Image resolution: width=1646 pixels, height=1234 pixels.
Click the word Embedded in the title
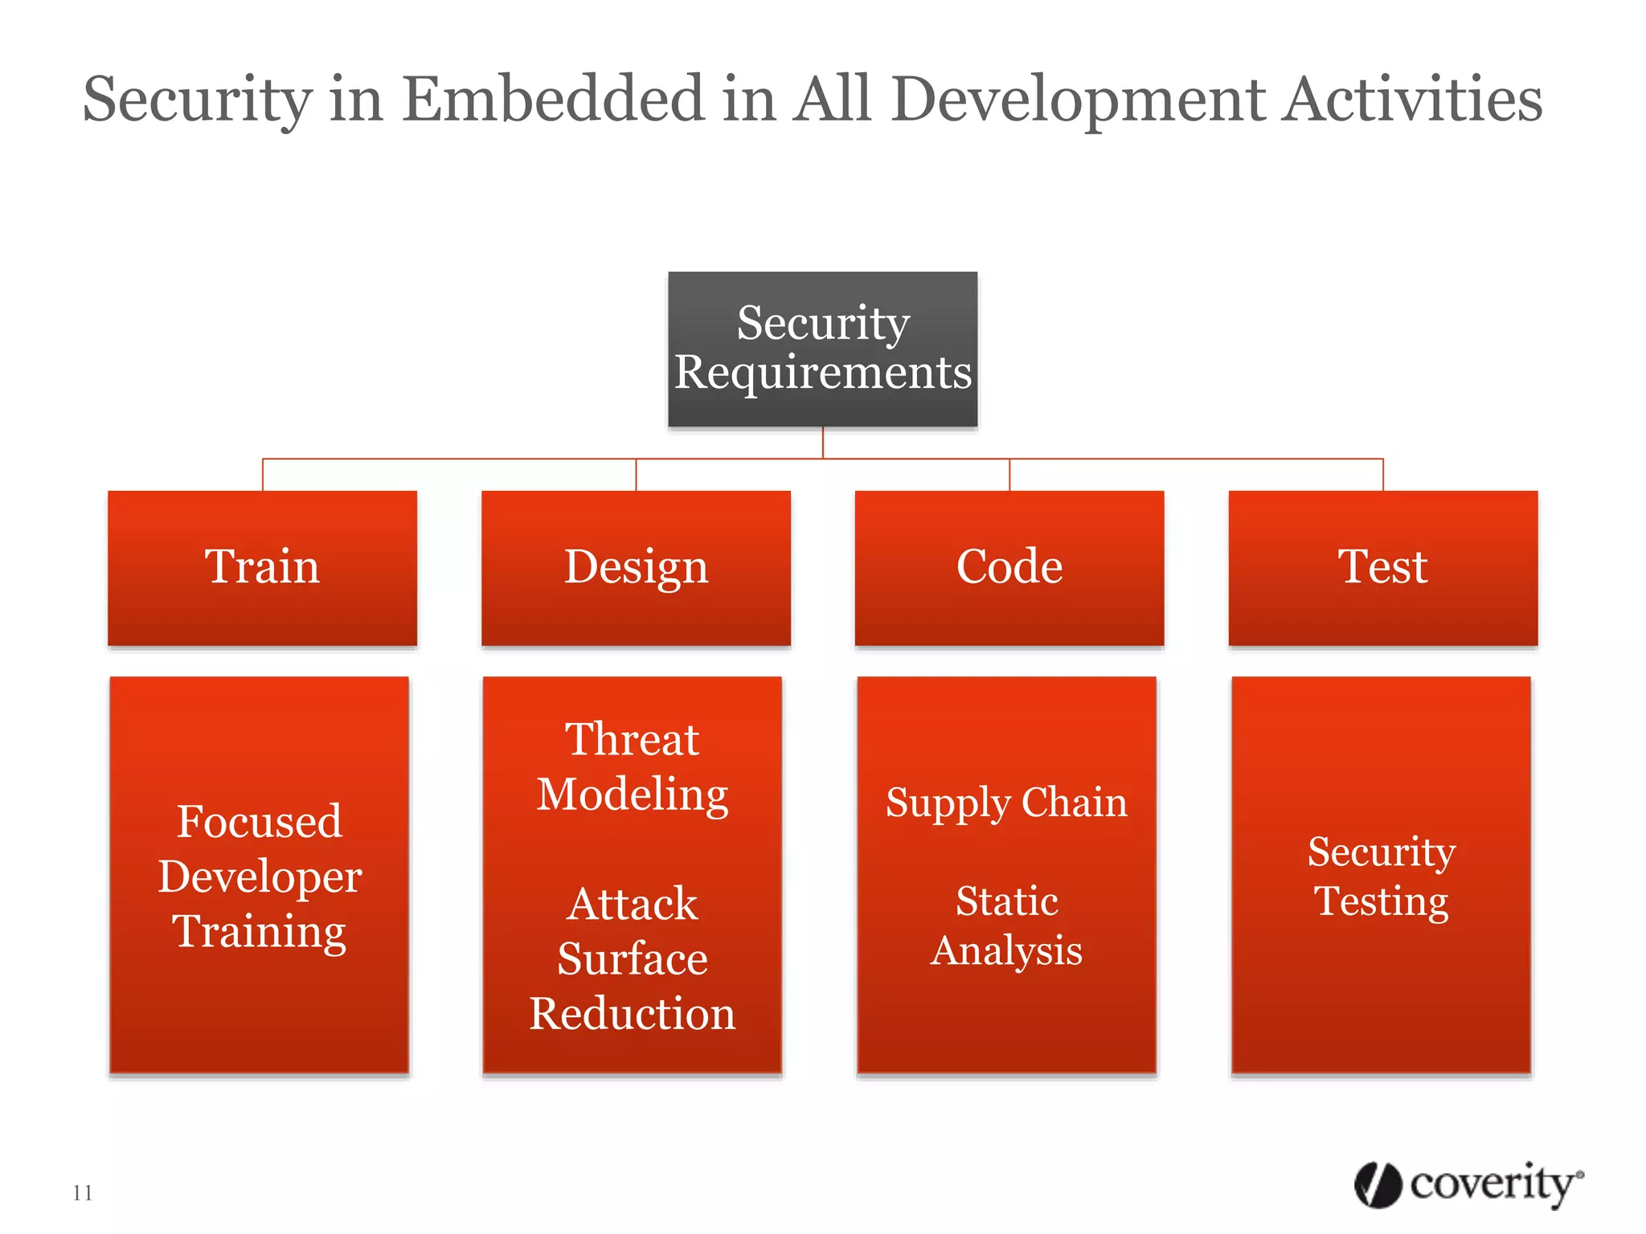553,99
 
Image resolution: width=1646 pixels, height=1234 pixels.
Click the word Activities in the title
1412,99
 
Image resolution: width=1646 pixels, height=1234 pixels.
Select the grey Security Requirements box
822,349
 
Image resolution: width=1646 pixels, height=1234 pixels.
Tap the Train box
262,567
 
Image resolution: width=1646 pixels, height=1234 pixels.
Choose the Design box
636,567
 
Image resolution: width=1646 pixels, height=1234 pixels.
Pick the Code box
1009,567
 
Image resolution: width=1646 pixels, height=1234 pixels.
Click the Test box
1382,567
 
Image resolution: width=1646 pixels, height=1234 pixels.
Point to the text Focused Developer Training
260,876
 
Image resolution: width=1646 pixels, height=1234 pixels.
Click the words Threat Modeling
633,766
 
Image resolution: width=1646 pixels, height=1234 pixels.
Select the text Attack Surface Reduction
633,958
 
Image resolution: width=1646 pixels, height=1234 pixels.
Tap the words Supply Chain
1006,803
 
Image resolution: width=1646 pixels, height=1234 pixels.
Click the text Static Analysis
1006,925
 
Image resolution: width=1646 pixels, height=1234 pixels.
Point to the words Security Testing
1381,876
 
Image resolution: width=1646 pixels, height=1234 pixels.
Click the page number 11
82,1193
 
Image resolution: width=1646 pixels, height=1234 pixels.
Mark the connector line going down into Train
263,475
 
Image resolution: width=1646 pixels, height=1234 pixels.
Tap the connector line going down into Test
1383,475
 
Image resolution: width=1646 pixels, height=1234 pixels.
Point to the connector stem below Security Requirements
822,443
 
